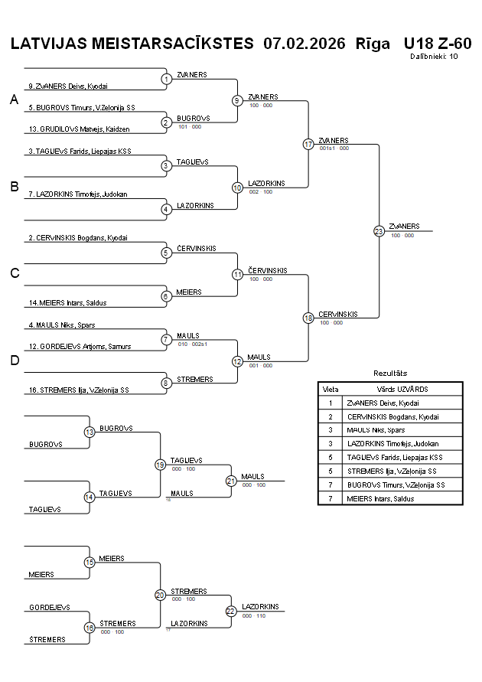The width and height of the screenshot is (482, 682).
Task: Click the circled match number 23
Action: click(x=379, y=230)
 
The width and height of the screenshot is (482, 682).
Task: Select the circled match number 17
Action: click(x=308, y=144)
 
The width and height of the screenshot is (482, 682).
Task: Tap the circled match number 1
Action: click(x=166, y=79)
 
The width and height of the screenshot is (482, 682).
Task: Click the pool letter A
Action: click(x=14, y=100)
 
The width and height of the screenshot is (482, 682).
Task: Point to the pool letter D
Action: click(x=14, y=361)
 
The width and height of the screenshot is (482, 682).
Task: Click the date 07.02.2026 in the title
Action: click(x=304, y=44)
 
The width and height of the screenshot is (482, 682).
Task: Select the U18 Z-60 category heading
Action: click(x=437, y=44)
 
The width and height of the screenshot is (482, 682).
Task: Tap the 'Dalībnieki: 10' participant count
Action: click(x=434, y=56)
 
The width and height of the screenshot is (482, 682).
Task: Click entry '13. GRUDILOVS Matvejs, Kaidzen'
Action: click(x=79, y=129)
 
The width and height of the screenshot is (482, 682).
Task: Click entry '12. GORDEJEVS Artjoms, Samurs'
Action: click(x=80, y=346)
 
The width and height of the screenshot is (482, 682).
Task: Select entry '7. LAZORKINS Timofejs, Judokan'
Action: click(x=78, y=194)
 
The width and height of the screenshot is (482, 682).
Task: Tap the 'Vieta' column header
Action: click(x=331, y=389)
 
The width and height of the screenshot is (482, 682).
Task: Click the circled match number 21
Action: click(x=231, y=481)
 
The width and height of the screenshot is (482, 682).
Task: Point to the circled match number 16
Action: click(x=90, y=628)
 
